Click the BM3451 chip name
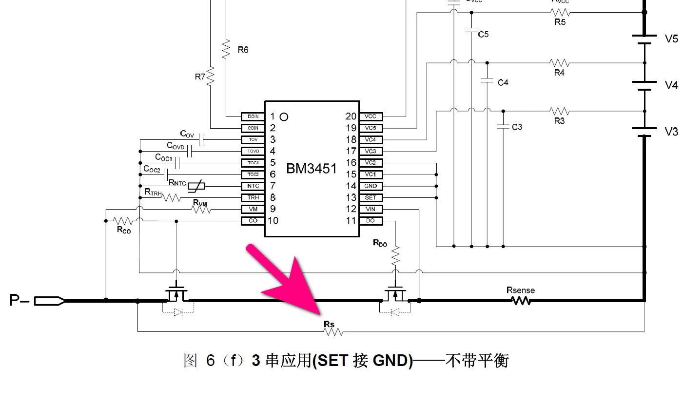pyautogui.click(x=311, y=169)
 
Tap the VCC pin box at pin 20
pyautogui.click(x=371, y=116)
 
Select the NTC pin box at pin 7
pyautogui.click(x=253, y=186)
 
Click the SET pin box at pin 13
pyautogui.click(x=371, y=198)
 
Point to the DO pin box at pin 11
pyautogui.click(x=371, y=221)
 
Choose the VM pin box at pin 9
pyautogui.click(x=253, y=209)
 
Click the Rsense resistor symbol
pyautogui.click(x=521, y=301)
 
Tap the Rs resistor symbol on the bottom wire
pyautogui.click(x=333, y=332)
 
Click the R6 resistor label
pyautogui.click(x=243, y=49)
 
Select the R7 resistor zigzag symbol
pyautogui.click(x=211, y=77)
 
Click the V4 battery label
pyautogui.click(x=671, y=85)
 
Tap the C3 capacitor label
pyautogui.click(x=517, y=127)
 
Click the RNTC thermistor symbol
pyautogui.click(x=196, y=186)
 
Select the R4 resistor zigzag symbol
pyautogui.click(x=559, y=62)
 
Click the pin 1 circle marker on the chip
pyautogui.click(x=284, y=117)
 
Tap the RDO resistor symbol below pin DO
pyautogui.click(x=395, y=255)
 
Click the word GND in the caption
pyautogui.click(x=392, y=361)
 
